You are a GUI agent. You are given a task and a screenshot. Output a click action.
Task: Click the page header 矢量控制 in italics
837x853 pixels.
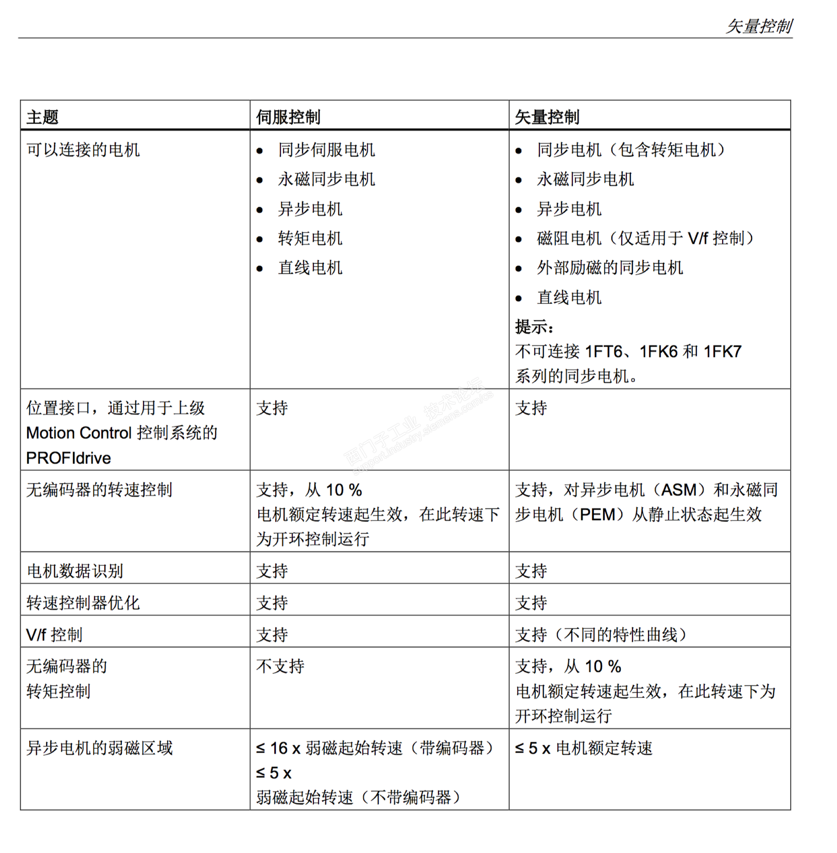click(x=759, y=26)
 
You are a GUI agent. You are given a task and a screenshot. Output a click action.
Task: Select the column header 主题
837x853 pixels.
click(x=42, y=117)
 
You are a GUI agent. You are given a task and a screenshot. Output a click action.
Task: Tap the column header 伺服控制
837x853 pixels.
click(x=288, y=117)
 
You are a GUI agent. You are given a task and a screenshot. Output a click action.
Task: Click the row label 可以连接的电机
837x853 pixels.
click(x=83, y=150)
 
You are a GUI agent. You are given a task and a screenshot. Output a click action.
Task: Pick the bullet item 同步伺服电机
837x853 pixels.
click(x=326, y=150)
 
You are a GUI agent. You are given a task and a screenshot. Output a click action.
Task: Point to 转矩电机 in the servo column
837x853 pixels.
click(x=310, y=238)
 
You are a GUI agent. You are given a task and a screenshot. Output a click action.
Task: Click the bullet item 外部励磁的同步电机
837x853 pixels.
click(x=610, y=268)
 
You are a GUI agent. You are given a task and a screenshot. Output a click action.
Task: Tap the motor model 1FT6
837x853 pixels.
click(x=603, y=352)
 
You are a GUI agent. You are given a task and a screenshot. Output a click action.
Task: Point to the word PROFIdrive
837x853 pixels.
click(x=68, y=458)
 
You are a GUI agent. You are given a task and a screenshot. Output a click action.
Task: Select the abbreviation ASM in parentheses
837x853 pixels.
click(x=679, y=489)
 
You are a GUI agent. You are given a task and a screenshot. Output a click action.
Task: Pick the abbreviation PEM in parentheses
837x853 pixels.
click(x=597, y=515)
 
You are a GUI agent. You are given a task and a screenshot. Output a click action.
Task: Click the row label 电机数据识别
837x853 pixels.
click(x=75, y=571)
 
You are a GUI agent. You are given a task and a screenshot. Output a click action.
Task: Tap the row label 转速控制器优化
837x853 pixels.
click(x=83, y=603)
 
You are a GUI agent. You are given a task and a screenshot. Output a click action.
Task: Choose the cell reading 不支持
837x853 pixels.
click(x=280, y=666)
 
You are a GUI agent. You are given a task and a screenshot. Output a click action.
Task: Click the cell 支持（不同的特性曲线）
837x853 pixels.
click(x=601, y=634)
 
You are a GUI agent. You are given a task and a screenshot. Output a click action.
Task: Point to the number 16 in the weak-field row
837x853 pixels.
click(x=279, y=748)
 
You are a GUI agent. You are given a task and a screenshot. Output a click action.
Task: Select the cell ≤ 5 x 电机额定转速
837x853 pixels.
click(x=584, y=748)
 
